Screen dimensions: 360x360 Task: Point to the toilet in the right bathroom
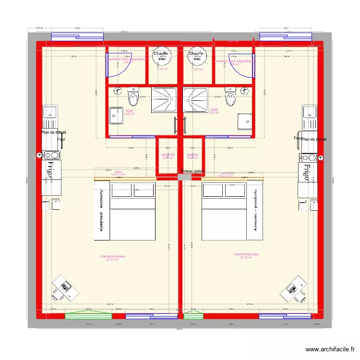[x=231, y=97]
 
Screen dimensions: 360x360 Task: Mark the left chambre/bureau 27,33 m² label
[x=112, y=258]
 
